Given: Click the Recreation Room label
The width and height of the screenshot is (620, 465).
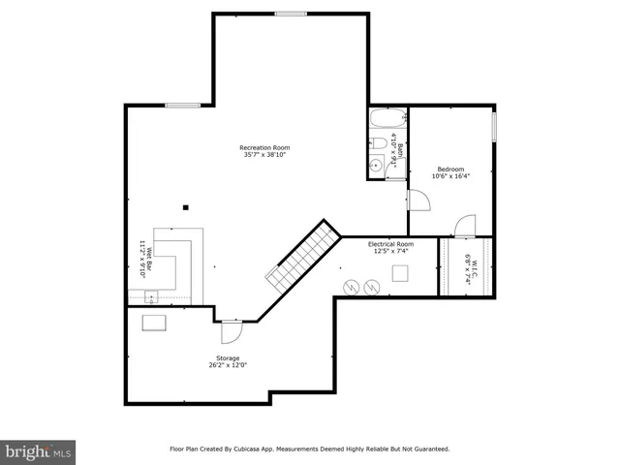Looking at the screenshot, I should pos(264,147).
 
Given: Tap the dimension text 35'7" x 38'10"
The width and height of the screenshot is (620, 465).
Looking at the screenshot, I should pos(264,155).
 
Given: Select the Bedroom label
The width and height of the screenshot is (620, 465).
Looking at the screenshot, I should pos(450,169).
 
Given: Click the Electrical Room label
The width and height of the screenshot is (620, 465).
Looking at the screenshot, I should pos(390,244).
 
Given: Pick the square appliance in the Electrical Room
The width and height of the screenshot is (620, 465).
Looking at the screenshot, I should pos(399,273).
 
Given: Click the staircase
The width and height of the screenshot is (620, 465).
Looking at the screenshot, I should pos(303,254).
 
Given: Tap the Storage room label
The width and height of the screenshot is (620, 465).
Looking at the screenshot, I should pos(229,358).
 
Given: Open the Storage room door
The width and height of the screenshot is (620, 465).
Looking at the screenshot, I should pos(231,331).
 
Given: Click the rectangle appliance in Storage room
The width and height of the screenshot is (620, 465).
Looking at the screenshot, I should pos(154,324).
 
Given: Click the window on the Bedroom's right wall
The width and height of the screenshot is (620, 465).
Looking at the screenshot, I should pos(493,127).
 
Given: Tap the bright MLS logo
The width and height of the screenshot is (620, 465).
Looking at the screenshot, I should pos(39,451).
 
